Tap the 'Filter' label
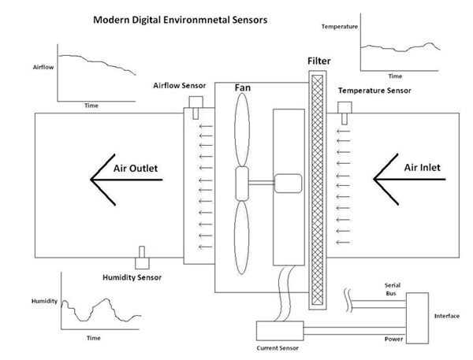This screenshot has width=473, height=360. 319,61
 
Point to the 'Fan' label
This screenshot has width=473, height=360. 243,90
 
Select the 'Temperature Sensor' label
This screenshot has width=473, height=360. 374,91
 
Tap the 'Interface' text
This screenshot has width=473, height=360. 447,316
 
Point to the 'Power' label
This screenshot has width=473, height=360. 393,340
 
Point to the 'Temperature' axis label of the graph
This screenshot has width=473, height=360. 340,28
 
